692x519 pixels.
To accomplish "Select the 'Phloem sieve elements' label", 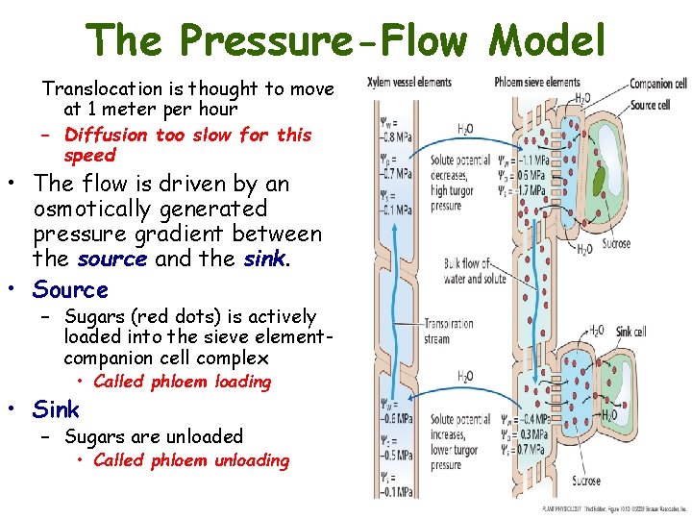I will [536, 83].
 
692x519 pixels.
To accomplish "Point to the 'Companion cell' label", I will [657, 85].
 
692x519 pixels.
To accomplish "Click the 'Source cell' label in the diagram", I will [650, 104].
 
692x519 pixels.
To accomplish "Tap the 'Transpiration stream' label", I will [448, 331].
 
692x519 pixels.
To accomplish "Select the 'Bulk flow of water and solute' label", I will [475, 272].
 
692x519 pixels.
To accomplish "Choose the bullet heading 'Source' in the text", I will [70, 289].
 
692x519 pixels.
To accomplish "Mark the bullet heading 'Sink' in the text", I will [56, 409].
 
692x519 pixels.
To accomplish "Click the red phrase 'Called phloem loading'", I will [183, 382].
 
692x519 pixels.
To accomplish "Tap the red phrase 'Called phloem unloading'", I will [191, 460].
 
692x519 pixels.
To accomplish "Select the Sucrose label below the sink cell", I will [582, 481].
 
